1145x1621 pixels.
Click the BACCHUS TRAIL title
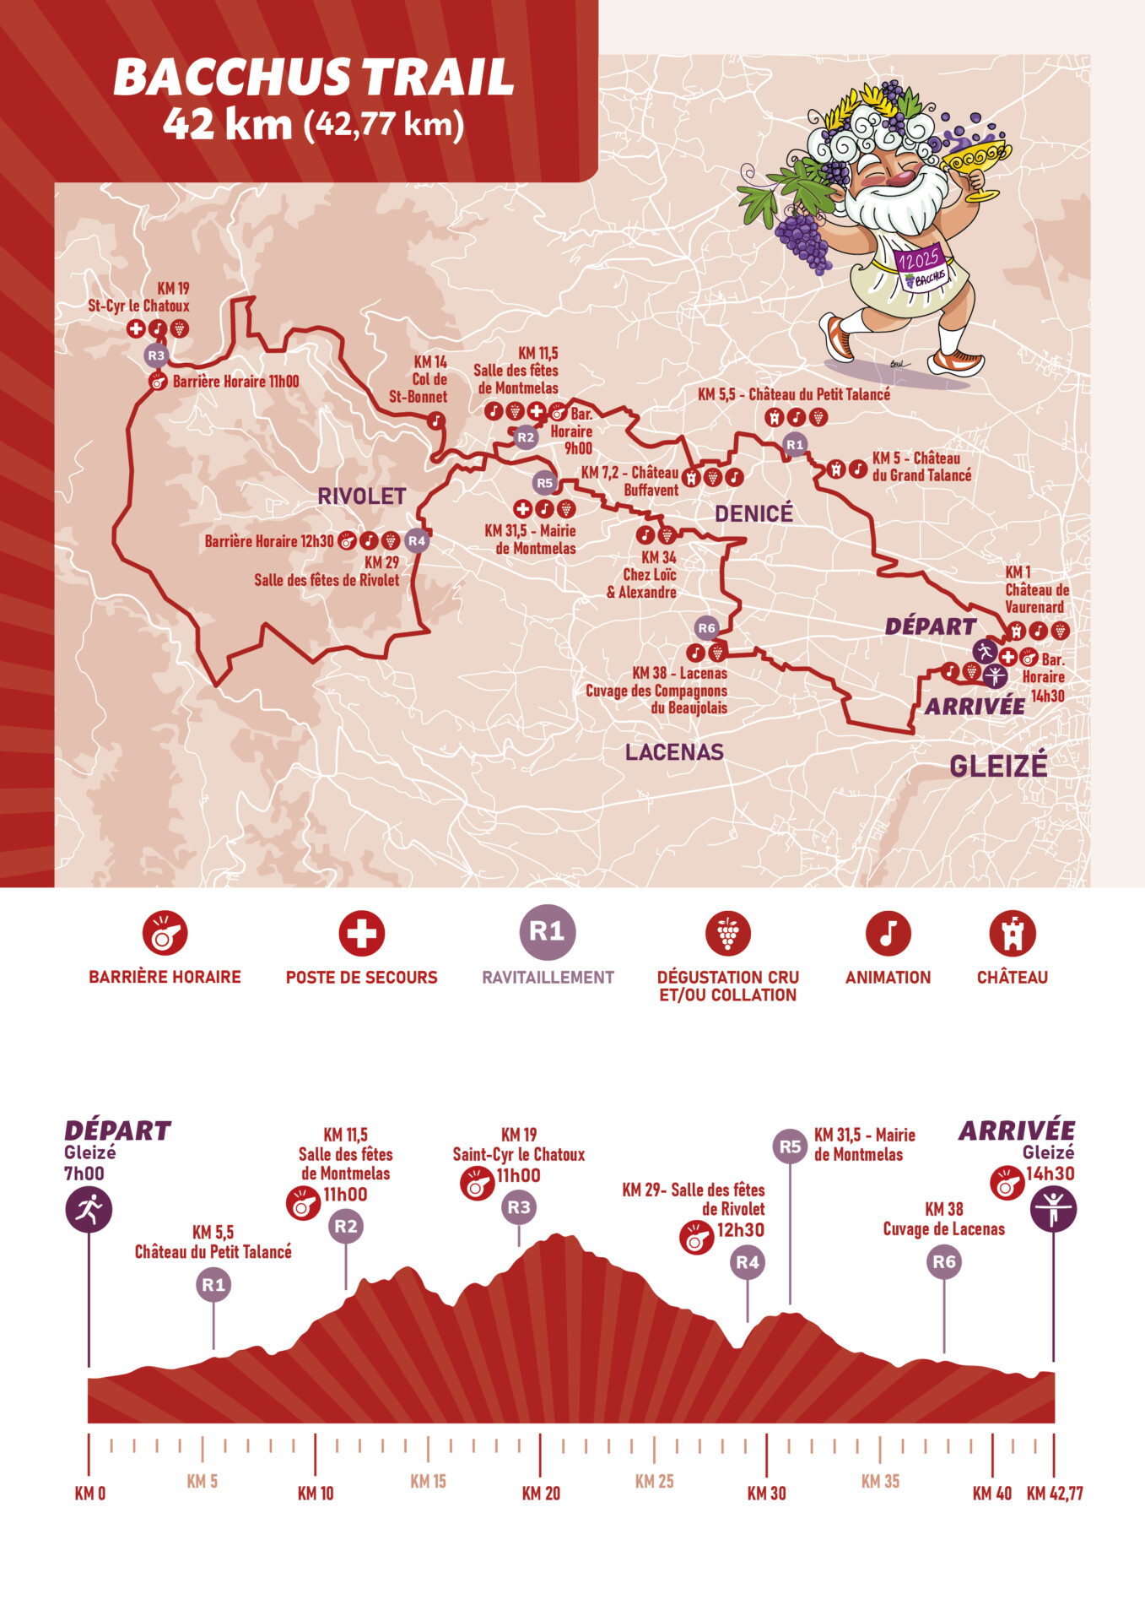313,78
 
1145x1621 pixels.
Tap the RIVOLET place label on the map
361,496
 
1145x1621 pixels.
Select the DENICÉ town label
753,513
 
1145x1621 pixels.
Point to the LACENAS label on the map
674,751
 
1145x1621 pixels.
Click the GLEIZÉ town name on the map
998,766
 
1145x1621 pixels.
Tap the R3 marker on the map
156,355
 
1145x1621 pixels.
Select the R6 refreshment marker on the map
706,627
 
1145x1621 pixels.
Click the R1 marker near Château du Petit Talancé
795,444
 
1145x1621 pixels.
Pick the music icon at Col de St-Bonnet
435,419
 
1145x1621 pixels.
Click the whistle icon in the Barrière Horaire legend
165,933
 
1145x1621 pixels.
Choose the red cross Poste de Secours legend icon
361,934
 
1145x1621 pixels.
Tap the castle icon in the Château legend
1012,934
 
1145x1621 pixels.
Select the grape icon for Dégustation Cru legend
727,934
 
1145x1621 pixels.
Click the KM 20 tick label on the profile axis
541,1493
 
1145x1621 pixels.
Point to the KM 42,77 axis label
1055,1493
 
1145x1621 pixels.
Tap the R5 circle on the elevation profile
790,1147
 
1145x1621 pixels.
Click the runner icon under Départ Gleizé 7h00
89,1209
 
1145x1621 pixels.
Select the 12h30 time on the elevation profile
740,1229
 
